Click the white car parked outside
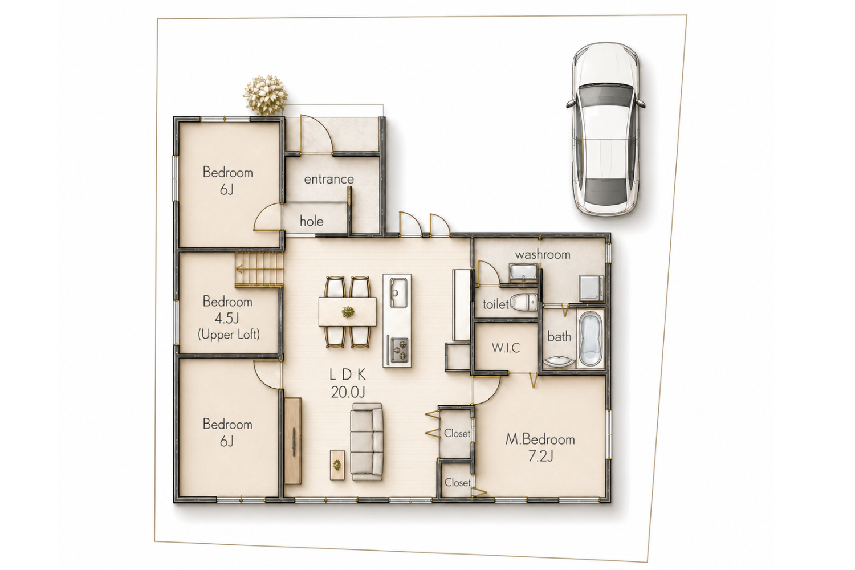pos(606,130)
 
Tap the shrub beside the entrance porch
pos(266,95)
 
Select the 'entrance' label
pos(329,179)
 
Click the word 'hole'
pos(311,221)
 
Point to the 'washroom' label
pos(543,254)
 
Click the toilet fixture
pos(524,302)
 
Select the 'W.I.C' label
pos(506,348)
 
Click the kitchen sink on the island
pos(398,293)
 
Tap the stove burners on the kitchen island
pos(398,349)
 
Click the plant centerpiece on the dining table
pos(347,312)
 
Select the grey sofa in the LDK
pos(367,441)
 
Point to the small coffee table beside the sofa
pos(337,465)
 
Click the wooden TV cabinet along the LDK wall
pos(293,441)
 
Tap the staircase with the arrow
pos(259,269)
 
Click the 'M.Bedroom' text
pos(540,439)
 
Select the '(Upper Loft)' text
pos(229,335)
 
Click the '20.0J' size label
pos(348,392)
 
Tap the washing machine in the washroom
pos(591,287)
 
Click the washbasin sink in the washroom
pos(523,272)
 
